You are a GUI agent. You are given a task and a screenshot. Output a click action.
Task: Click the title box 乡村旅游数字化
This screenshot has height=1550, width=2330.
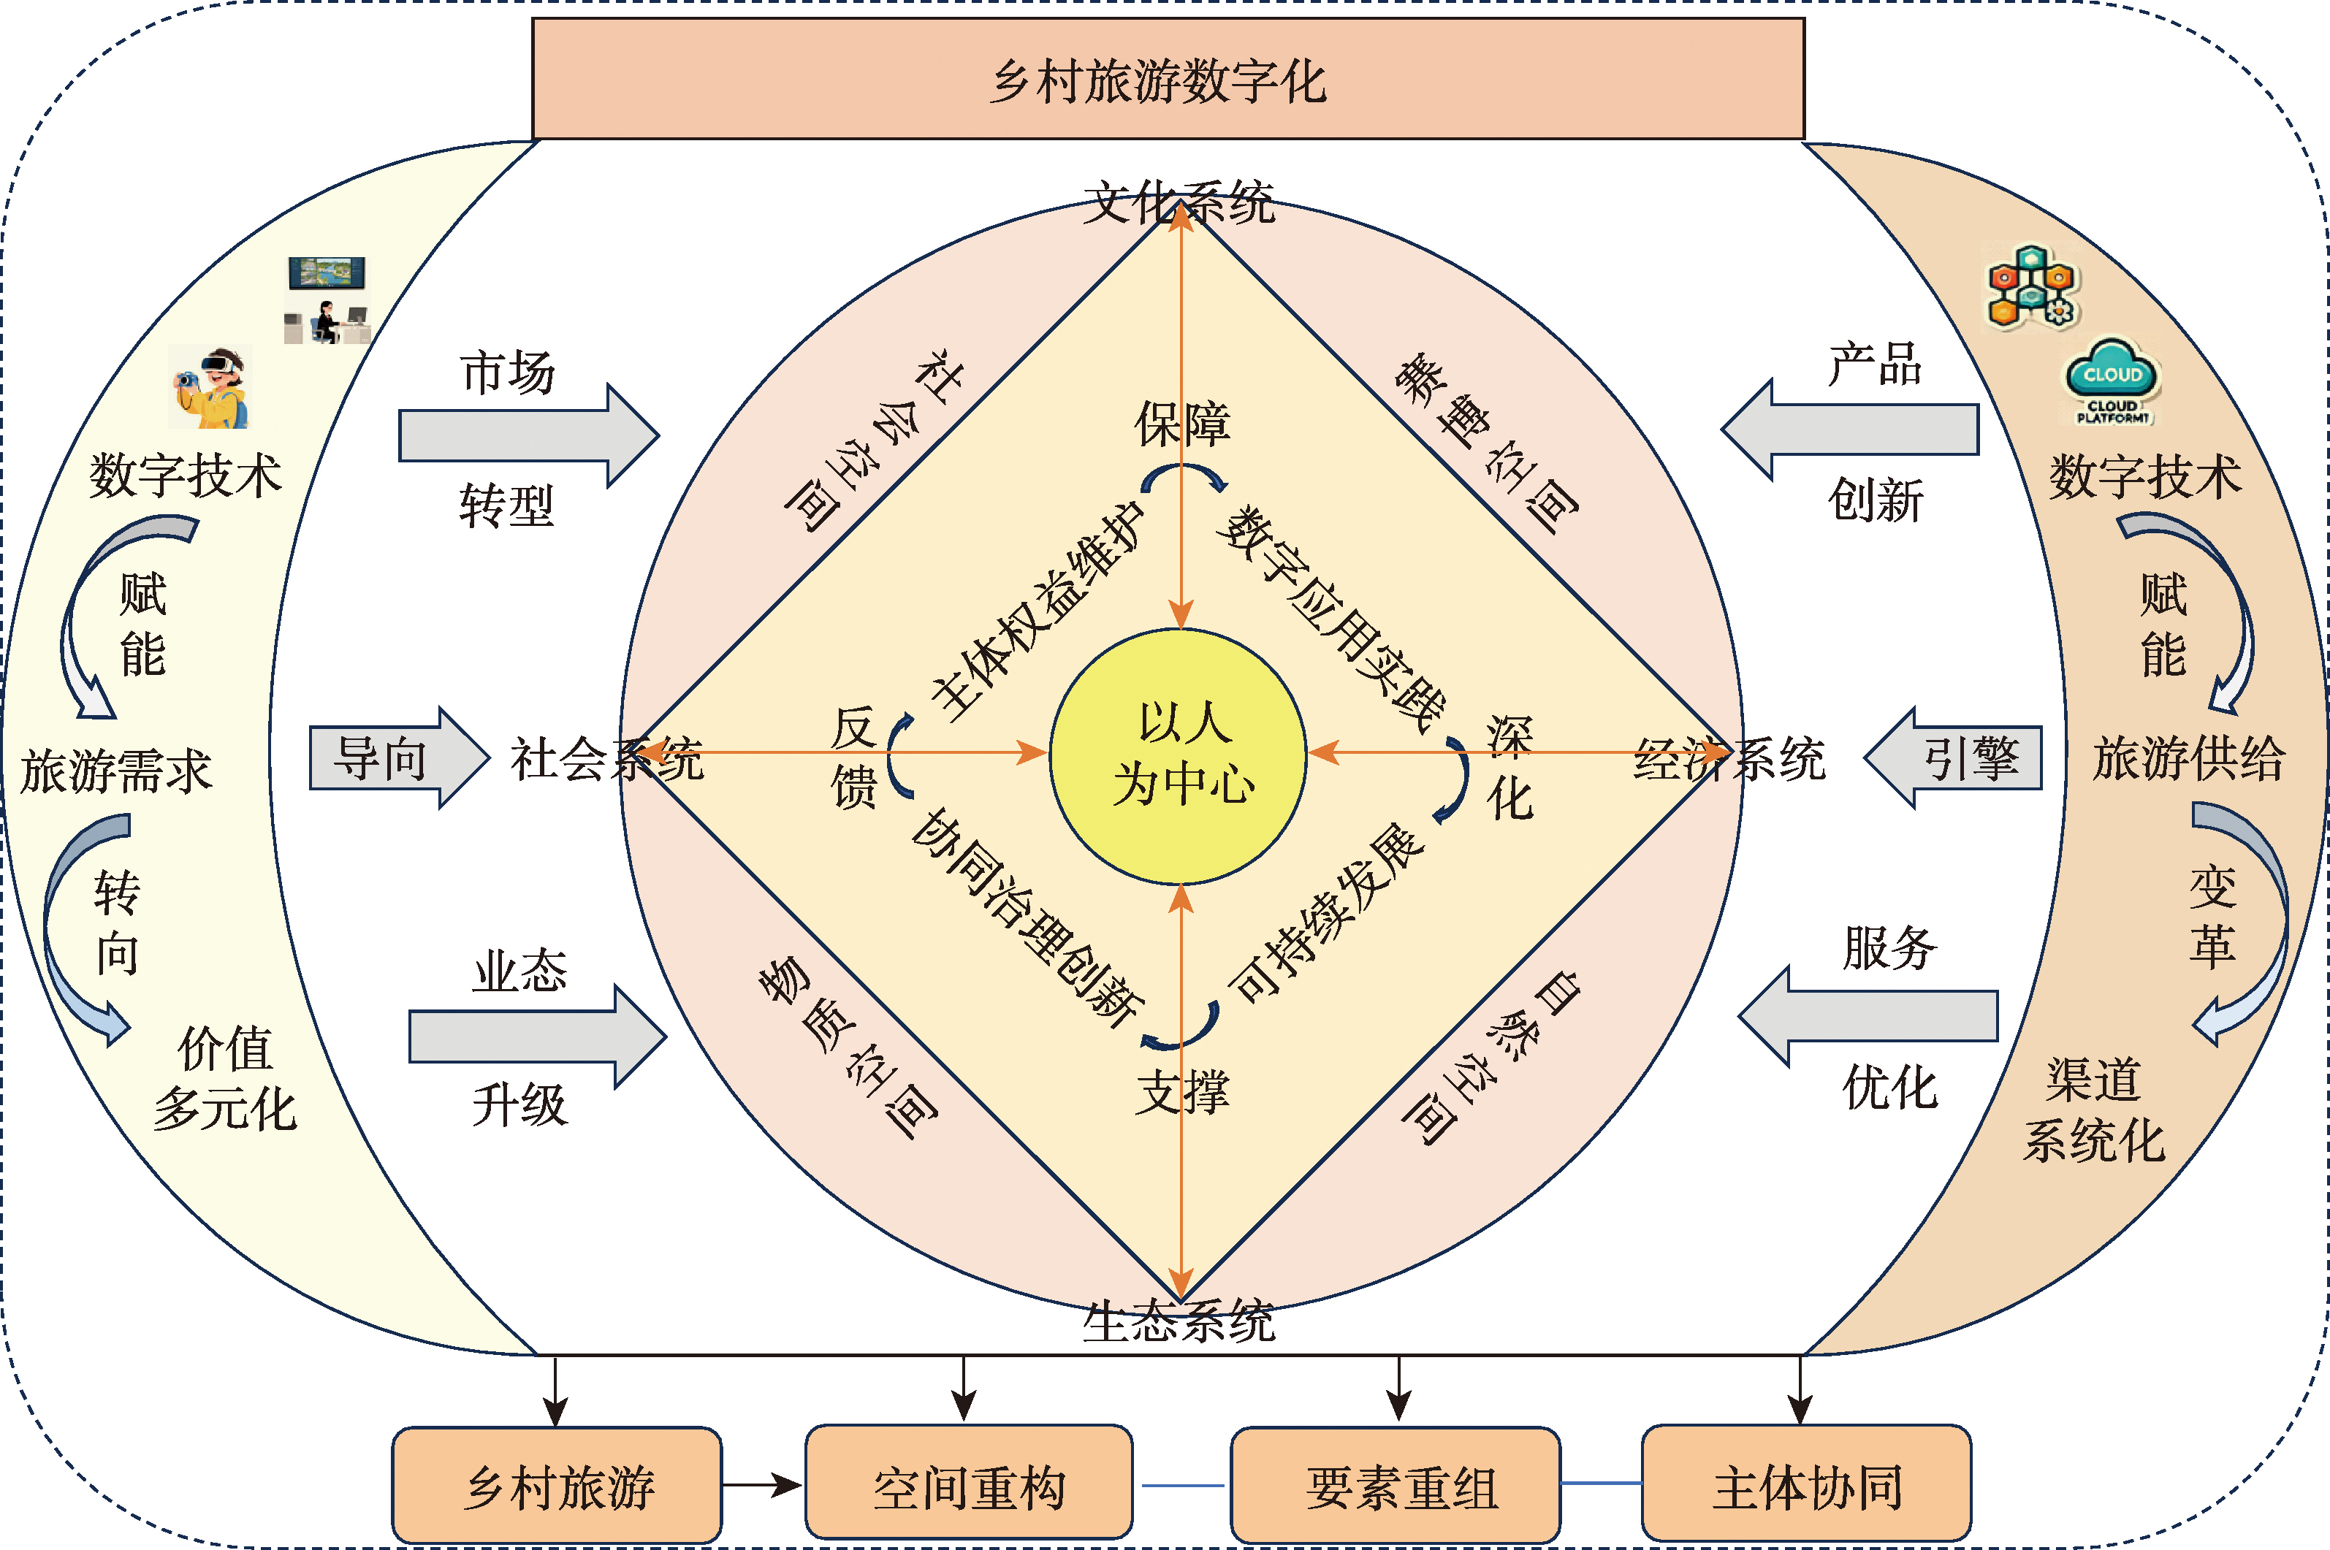(1168, 79)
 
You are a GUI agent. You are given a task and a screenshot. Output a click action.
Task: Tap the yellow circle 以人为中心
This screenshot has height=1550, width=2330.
(1179, 756)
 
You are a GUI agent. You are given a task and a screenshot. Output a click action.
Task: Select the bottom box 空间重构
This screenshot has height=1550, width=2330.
(968, 1485)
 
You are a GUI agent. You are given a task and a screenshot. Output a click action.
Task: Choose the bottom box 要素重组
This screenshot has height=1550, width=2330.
(1395, 1485)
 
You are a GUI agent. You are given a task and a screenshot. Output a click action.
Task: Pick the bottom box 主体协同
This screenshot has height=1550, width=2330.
(1805, 1485)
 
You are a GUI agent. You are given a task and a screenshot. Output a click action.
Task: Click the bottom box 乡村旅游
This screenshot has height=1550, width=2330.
(557, 1485)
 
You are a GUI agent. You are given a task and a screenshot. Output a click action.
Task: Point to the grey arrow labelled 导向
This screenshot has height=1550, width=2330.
(395, 758)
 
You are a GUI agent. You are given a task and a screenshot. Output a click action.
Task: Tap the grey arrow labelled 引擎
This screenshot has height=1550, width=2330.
(1957, 758)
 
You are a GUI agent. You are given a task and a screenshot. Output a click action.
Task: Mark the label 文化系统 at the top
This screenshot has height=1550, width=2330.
(1179, 202)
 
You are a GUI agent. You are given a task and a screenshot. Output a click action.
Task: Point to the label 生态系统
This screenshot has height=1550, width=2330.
(1179, 1321)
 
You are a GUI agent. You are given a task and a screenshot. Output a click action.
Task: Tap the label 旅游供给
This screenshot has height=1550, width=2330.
(2188, 758)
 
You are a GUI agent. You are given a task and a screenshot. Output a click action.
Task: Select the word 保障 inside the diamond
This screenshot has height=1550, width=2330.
(1181, 424)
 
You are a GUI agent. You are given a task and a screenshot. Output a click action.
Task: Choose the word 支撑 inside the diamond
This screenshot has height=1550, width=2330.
(1181, 1092)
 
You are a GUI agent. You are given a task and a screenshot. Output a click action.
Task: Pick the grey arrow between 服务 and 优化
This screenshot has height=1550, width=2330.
(1868, 1016)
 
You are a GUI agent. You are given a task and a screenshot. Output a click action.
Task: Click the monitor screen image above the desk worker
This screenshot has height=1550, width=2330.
(327, 273)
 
